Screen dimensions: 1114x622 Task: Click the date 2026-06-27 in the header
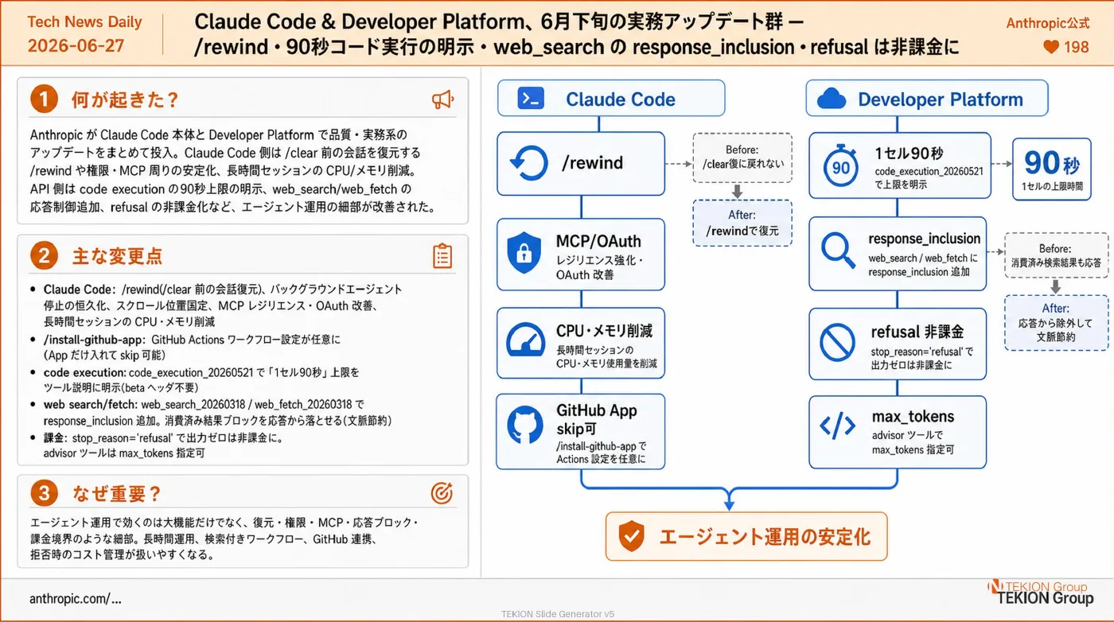(76, 46)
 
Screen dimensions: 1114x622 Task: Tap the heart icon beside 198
(1050, 47)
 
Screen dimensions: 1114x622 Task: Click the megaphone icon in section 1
(442, 99)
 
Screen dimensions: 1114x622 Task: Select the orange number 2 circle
(44, 255)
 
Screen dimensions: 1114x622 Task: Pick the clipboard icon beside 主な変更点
(442, 256)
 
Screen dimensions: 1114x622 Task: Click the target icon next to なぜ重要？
(442, 492)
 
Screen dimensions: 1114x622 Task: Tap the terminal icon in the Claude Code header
(531, 98)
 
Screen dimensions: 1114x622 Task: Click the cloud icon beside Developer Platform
(831, 99)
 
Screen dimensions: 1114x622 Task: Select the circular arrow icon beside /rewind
(529, 163)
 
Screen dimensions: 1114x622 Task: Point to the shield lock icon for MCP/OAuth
(524, 253)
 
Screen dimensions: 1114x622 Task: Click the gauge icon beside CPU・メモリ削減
(525, 340)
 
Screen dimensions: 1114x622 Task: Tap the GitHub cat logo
(524, 425)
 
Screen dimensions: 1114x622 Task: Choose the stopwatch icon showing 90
(840, 165)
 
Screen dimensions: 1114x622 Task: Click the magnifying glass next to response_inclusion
(839, 250)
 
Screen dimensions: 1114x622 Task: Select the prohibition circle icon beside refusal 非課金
(837, 343)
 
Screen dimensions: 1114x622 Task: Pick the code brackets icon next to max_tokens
(837, 426)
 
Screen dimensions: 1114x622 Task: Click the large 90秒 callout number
(1051, 163)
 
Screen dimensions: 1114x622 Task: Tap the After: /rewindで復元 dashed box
(742, 224)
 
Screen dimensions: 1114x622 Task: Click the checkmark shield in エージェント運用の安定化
(632, 536)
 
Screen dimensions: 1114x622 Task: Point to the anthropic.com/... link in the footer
(75, 599)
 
